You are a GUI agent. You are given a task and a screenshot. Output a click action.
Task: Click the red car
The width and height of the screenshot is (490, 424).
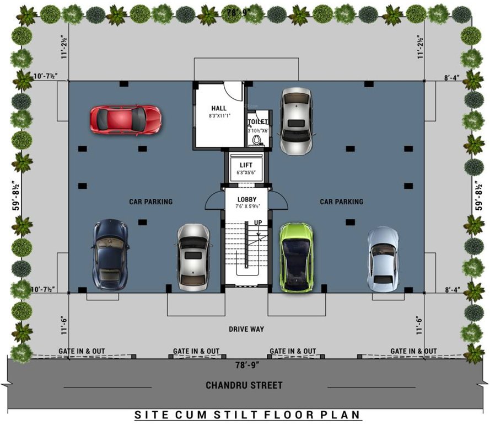point(126,118)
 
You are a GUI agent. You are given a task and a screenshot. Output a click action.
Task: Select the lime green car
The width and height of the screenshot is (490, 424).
point(296,257)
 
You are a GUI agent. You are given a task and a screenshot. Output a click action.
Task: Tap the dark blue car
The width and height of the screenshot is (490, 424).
point(111,254)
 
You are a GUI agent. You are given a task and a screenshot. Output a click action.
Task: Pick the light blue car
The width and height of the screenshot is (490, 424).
point(383,259)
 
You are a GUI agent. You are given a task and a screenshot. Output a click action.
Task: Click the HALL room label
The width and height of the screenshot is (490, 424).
point(219,108)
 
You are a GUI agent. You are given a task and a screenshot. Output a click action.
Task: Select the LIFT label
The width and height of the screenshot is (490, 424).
point(246,165)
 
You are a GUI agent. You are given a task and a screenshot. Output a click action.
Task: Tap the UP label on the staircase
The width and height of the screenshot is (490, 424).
point(257,222)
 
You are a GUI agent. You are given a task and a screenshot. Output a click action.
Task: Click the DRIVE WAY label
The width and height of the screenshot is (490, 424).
point(246,329)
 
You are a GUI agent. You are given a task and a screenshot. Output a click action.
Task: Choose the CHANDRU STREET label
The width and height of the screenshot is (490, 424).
point(244,385)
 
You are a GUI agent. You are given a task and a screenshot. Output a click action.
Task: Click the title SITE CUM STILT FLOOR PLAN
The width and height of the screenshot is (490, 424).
point(247,414)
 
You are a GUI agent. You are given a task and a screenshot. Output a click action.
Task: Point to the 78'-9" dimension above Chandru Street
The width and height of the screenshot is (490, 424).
point(246,364)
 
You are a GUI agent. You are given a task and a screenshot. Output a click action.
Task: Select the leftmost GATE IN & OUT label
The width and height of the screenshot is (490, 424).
point(82,351)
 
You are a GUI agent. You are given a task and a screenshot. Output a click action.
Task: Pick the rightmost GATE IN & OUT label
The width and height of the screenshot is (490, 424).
point(413,351)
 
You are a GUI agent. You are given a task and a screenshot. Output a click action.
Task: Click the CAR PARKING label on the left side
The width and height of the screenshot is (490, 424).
point(150,202)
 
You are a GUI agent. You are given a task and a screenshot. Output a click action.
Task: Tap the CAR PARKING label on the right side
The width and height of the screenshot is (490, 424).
point(341,202)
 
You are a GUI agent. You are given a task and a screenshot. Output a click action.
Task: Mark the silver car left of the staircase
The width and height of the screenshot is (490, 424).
point(193,257)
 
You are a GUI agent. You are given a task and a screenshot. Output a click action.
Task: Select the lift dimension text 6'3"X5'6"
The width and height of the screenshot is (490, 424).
point(246,173)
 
